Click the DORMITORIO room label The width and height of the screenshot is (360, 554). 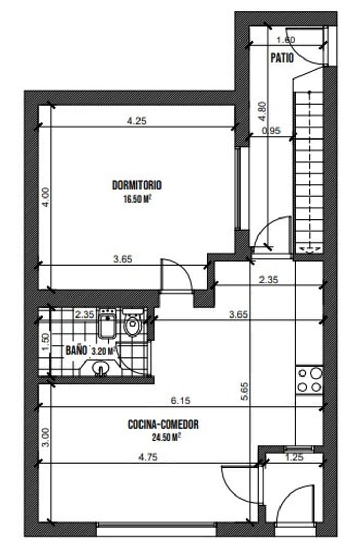(x=137, y=185)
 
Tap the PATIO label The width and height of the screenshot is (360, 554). (x=282, y=58)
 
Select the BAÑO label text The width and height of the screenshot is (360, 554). (x=75, y=351)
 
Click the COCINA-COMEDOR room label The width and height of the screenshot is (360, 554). (x=163, y=425)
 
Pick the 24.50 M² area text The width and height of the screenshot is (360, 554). (x=166, y=438)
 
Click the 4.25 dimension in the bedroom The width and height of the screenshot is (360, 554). (x=136, y=121)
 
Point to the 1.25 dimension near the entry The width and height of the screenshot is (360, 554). (x=294, y=457)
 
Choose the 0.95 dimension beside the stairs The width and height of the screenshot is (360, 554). (x=271, y=131)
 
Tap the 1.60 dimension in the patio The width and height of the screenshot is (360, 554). (x=285, y=40)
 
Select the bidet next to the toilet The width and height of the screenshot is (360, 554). (x=108, y=324)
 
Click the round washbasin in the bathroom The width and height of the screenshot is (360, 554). (x=101, y=368)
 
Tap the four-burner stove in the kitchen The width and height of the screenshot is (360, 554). (x=309, y=380)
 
